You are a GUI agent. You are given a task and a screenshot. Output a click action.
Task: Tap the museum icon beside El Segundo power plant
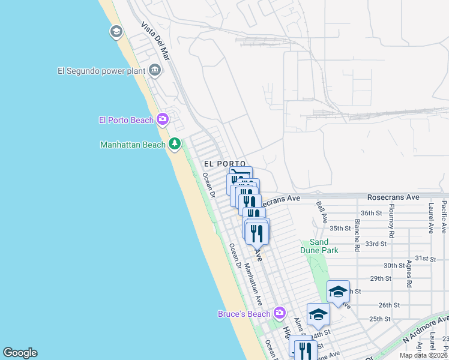coord(155,71)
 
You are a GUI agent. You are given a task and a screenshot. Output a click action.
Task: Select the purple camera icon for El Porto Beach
coord(163,120)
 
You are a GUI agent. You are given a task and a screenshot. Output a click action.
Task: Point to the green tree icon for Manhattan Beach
coord(175,144)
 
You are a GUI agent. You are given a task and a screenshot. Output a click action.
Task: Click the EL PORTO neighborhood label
coord(224,164)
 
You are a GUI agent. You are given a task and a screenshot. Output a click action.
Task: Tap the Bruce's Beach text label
coord(244,313)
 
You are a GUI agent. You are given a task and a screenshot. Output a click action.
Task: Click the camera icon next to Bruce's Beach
coord(279,313)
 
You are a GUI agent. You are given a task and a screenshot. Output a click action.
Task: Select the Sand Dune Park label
coord(320,247)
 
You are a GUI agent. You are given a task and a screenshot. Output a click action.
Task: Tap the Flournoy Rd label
coord(391,220)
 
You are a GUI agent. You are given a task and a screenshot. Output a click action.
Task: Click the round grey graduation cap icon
coord(116,32)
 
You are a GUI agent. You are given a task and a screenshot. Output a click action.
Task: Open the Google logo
coord(20,353)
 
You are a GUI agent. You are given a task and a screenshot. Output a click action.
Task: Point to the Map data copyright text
coord(424,355)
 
